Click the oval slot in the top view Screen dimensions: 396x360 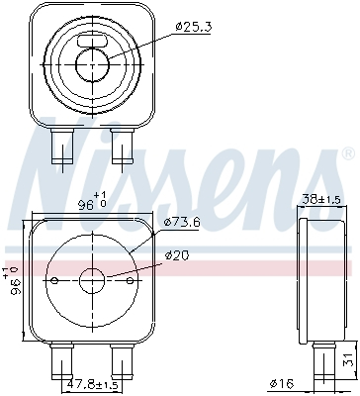101,42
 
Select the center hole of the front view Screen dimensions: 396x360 93,278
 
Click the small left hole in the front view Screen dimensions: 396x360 53,279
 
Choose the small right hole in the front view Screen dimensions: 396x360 134,279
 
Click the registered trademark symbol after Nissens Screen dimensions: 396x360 346,153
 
